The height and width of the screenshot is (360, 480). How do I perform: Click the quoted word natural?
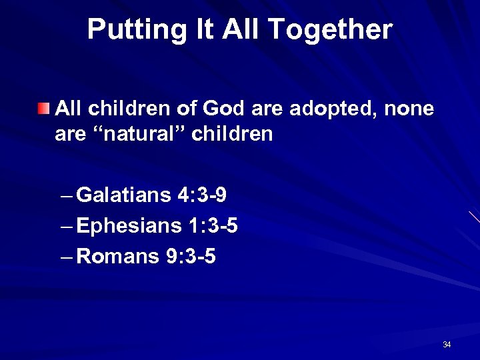(x=135, y=134)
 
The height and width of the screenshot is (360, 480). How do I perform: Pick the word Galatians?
(x=124, y=195)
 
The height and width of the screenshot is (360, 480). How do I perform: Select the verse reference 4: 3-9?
(x=202, y=195)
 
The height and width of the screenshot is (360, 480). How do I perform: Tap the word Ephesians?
(x=129, y=226)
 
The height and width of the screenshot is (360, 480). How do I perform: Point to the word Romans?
(x=118, y=256)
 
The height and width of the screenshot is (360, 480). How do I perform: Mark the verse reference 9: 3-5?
(x=191, y=256)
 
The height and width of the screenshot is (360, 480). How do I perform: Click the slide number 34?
(x=447, y=345)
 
